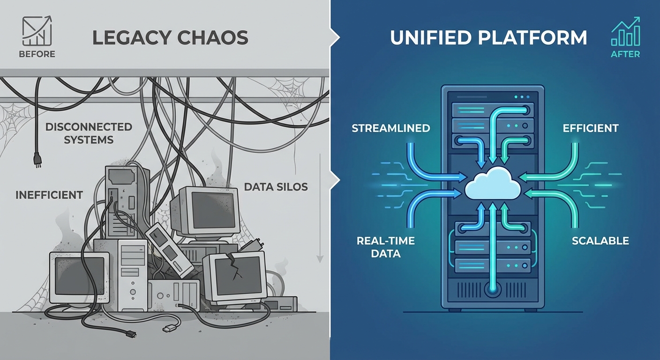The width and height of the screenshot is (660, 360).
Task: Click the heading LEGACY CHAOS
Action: click(170, 37)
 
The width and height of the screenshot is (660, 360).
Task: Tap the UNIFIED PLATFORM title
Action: click(488, 37)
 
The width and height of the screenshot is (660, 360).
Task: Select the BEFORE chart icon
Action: click(37, 31)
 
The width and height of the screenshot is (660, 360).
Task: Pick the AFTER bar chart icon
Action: click(625, 32)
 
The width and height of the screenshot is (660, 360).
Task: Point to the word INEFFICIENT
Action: click(49, 195)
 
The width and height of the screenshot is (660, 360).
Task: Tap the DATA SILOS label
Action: click(276, 187)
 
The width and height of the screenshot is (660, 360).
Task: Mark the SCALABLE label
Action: click(600, 241)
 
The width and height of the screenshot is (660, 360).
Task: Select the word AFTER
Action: click(625, 54)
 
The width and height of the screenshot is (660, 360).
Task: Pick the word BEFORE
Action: click(37, 54)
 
